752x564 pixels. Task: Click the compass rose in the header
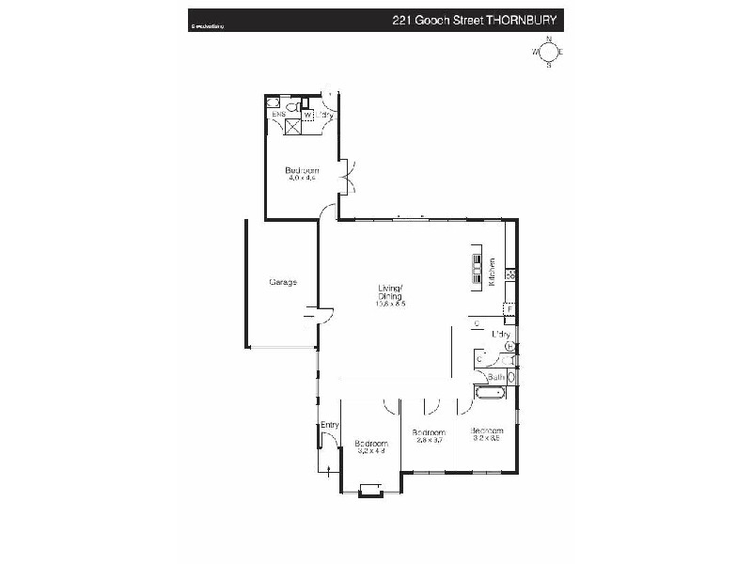click(548, 54)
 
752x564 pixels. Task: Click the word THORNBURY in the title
click(525, 19)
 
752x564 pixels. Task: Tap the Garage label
click(283, 282)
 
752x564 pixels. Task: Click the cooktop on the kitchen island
click(478, 269)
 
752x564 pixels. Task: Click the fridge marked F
click(509, 308)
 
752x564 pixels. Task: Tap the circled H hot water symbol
click(509, 346)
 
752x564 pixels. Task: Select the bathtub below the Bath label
click(490, 393)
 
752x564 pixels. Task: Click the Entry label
click(329, 426)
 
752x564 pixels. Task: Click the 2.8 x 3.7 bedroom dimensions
click(428, 440)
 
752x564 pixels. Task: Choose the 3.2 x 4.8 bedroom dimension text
click(372, 451)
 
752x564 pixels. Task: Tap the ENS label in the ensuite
click(278, 114)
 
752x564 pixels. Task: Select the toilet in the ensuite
click(291, 108)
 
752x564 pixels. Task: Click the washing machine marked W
click(307, 117)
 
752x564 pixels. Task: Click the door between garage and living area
click(315, 317)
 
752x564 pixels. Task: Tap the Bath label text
click(496, 377)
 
